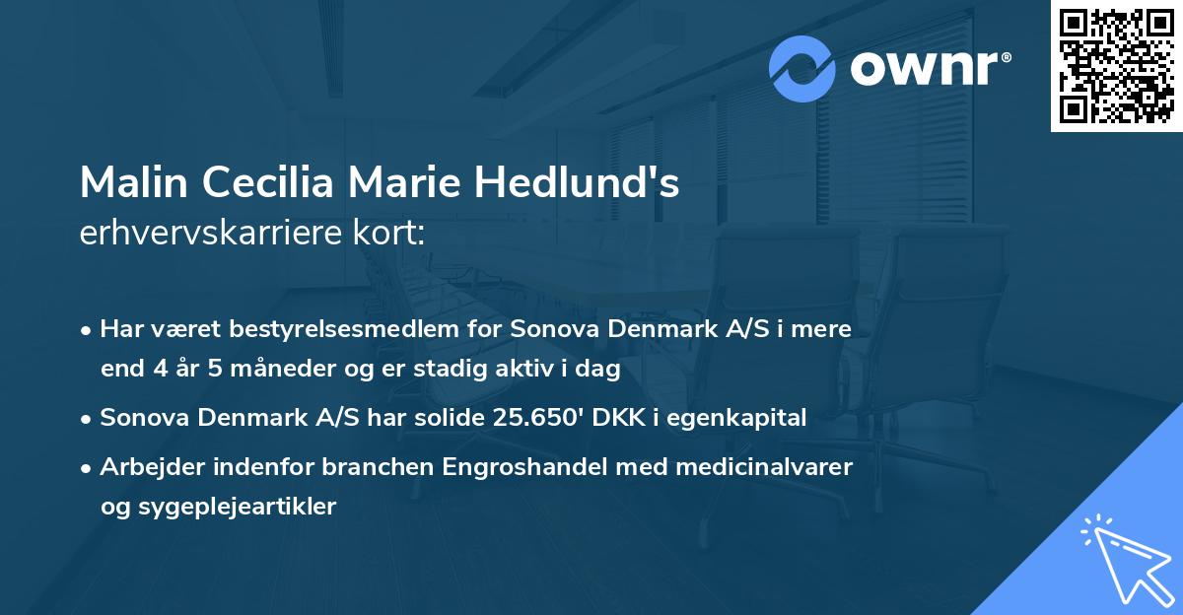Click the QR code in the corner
(1116, 66)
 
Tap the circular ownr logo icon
(802, 68)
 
